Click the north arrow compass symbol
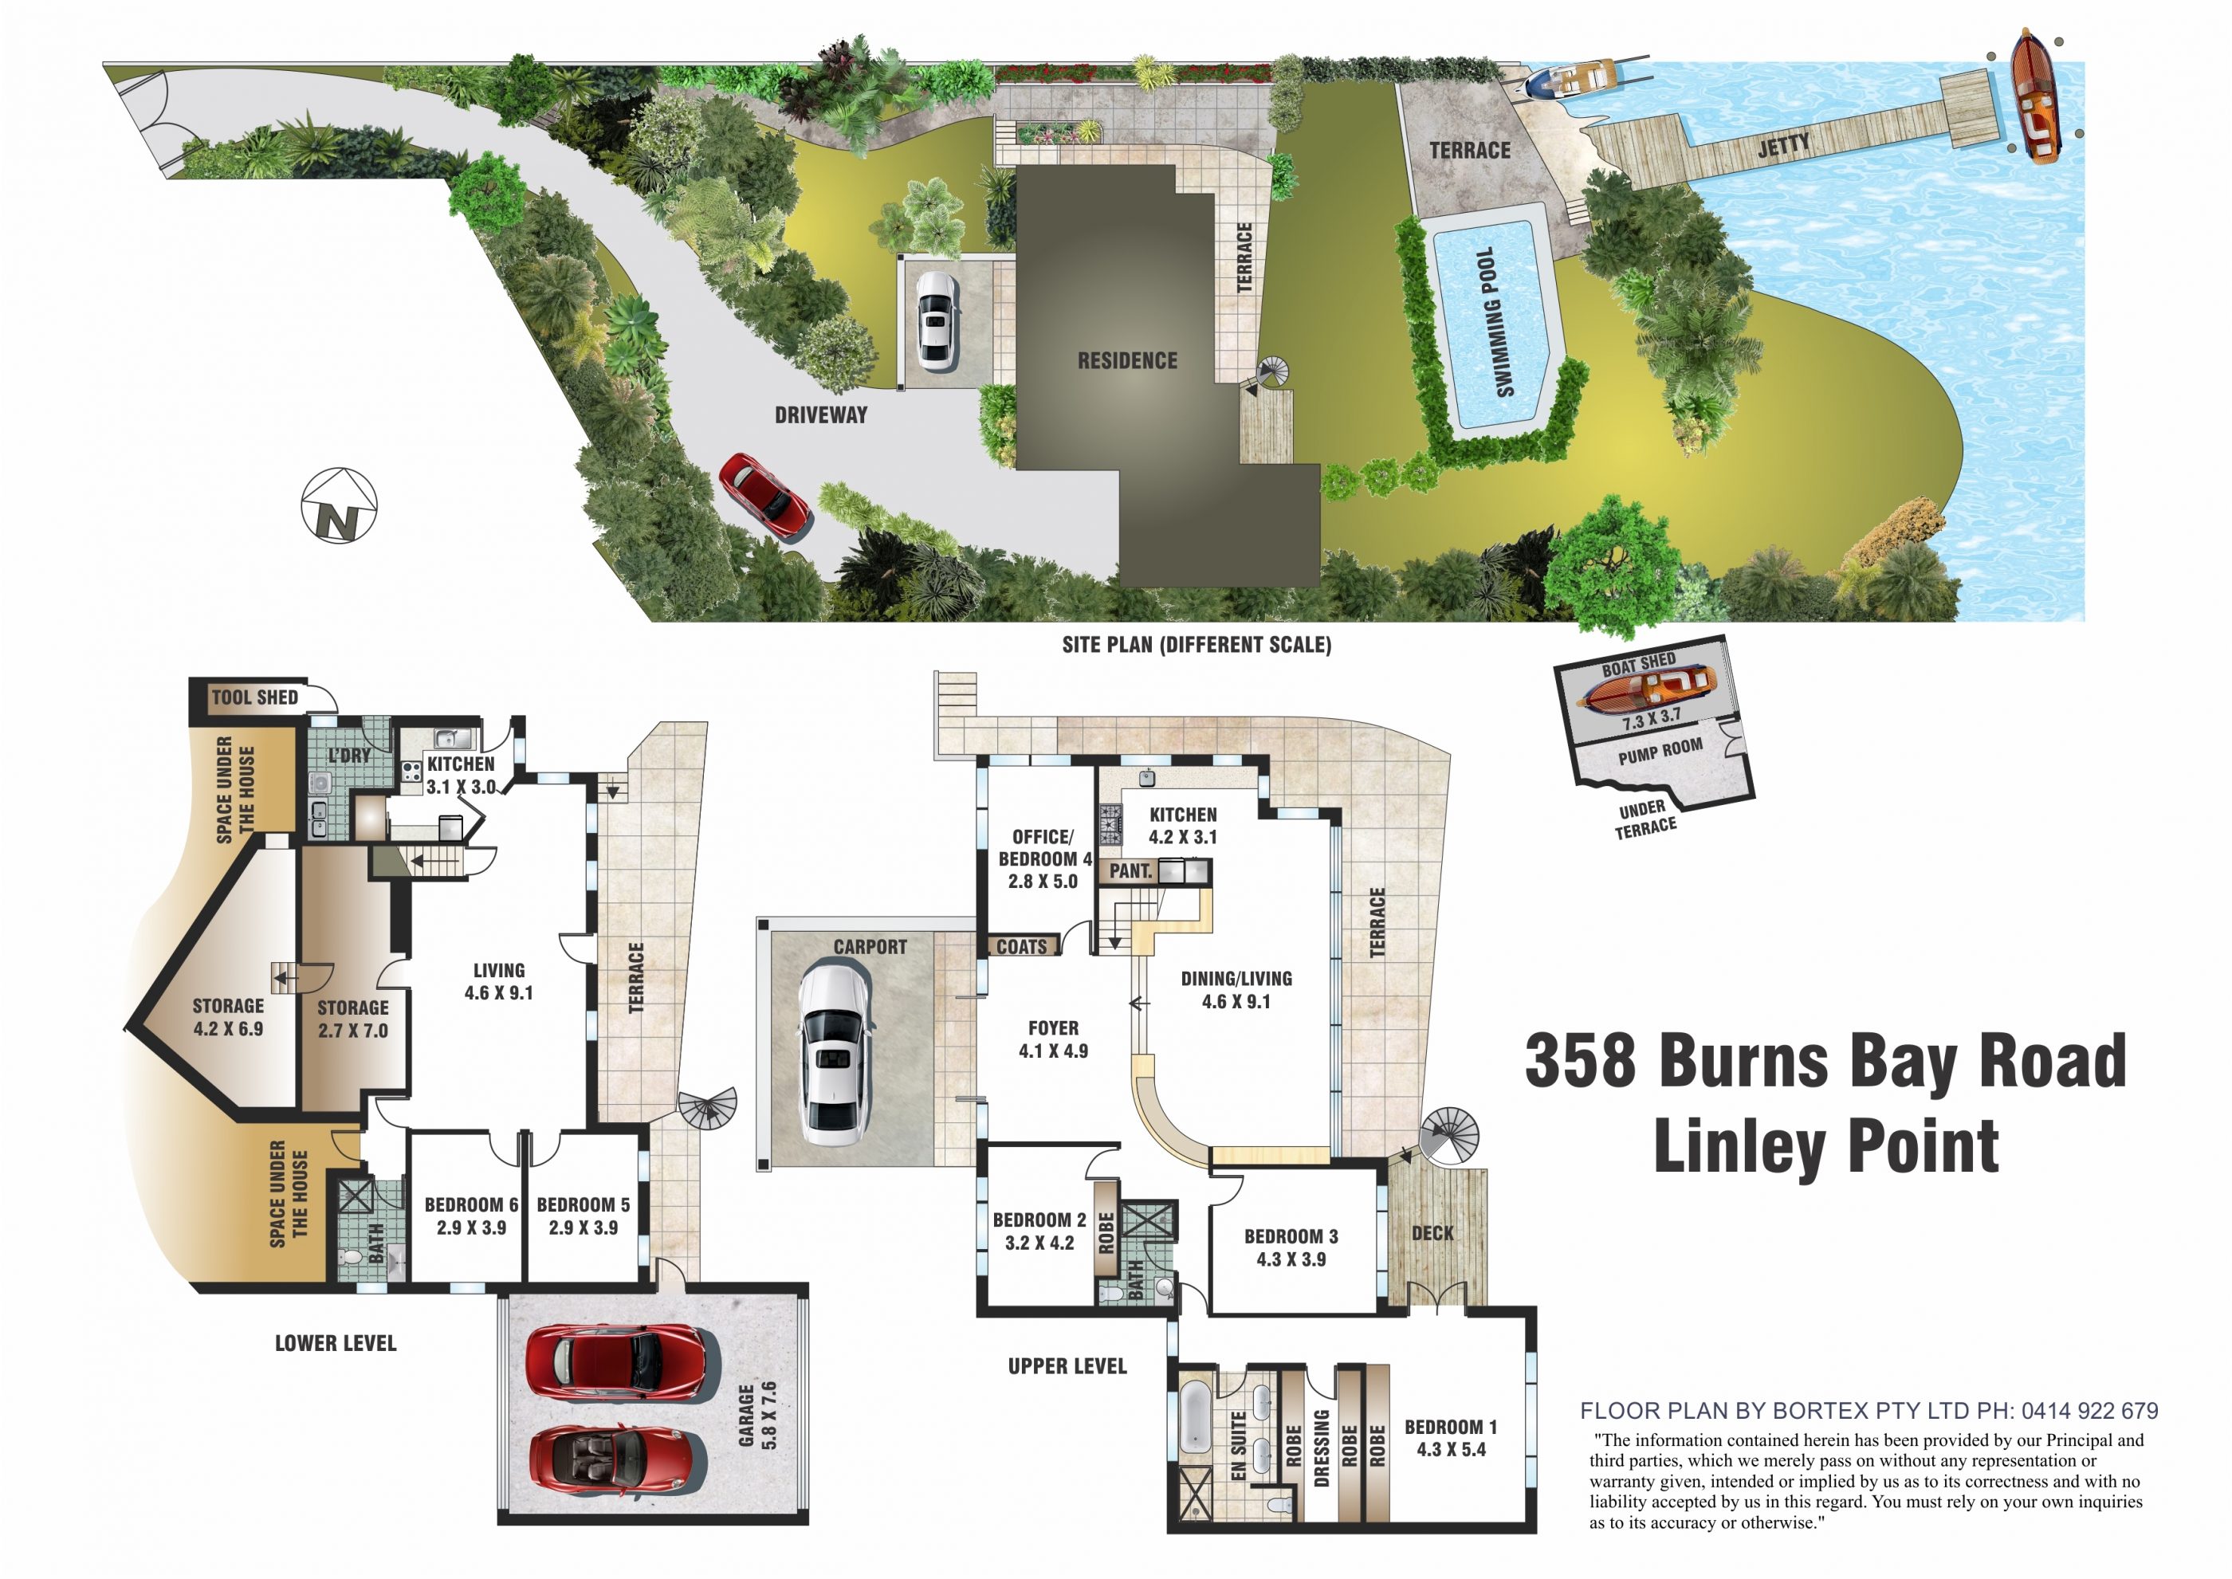pyautogui.click(x=338, y=505)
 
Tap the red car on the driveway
pyautogui.click(x=765, y=496)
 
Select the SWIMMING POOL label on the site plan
pyautogui.click(x=1493, y=322)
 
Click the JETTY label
pyautogui.click(x=1784, y=147)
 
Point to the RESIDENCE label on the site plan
pyautogui.click(x=1126, y=361)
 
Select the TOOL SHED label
pyautogui.click(x=255, y=697)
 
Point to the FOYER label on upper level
pyautogui.click(x=1053, y=1027)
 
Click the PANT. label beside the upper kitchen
pyautogui.click(x=1130, y=871)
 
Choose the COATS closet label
pyautogui.click(x=1022, y=946)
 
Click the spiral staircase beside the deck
pyautogui.click(x=1448, y=1135)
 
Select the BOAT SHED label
pyautogui.click(x=1639, y=665)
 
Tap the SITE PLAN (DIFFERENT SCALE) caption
pyautogui.click(x=1197, y=645)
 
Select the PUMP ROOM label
pyautogui.click(x=1660, y=751)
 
